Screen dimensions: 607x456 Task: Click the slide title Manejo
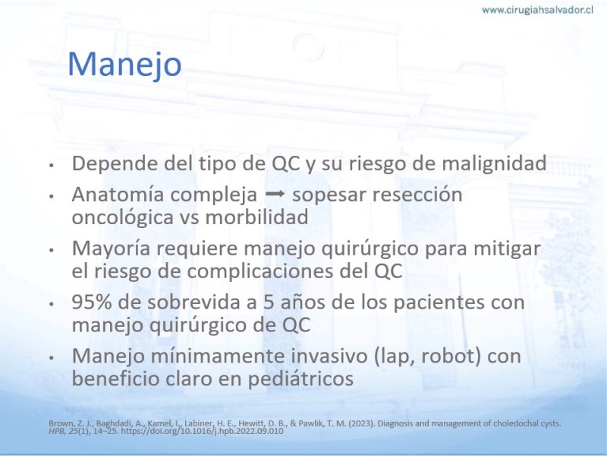(x=124, y=65)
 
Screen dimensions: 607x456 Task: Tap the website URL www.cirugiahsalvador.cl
(x=537, y=11)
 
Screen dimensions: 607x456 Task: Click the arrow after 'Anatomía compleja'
(x=275, y=194)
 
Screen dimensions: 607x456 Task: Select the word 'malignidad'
(x=494, y=163)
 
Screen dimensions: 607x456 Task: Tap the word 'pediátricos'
(x=300, y=378)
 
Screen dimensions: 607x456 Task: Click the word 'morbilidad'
(x=256, y=217)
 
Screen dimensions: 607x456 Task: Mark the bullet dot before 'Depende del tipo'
(x=51, y=165)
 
